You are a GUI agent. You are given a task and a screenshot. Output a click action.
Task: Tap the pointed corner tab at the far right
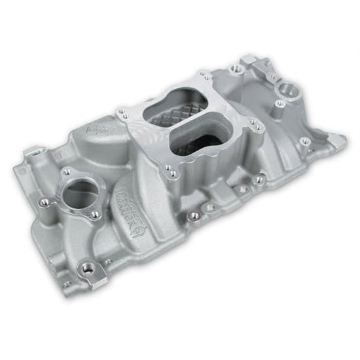(x=338, y=139)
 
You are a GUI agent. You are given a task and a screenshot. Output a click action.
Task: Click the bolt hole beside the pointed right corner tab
(x=304, y=140)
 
